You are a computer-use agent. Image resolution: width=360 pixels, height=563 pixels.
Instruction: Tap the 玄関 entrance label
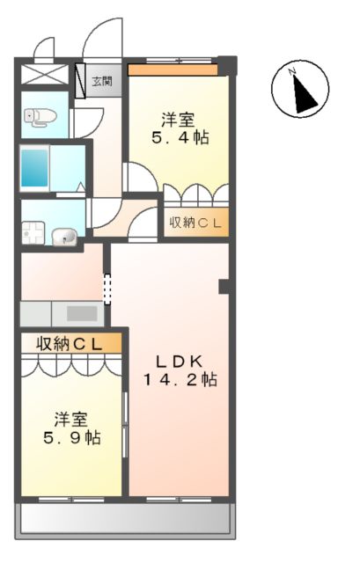pyautogui.click(x=101, y=82)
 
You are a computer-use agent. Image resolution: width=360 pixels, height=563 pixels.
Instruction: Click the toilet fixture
pyautogui.click(x=35, y=116)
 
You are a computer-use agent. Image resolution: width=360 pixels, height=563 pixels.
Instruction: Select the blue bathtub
pyautogui.click(x=36, y=166)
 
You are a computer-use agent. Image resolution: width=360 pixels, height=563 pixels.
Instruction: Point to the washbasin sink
pyautogui.click(x=64, y=236)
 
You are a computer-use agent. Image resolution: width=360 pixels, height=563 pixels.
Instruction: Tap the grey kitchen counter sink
pyautogui.click(x=81, y=313)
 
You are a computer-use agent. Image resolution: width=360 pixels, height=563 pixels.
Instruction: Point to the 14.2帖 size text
pyautogui.click(x=181, y=380)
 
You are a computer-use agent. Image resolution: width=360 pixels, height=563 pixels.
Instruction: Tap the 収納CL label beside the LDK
pyautogui.click(x=195, y=223)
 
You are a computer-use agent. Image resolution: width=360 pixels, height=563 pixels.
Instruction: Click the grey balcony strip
pyautogui.click(x=126, y=519)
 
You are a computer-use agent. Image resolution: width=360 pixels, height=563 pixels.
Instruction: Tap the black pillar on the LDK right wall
pyautogui.click(x=224, y=286)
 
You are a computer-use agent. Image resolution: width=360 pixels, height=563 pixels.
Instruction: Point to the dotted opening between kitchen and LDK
pyautogui.click(x=108, y=289)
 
